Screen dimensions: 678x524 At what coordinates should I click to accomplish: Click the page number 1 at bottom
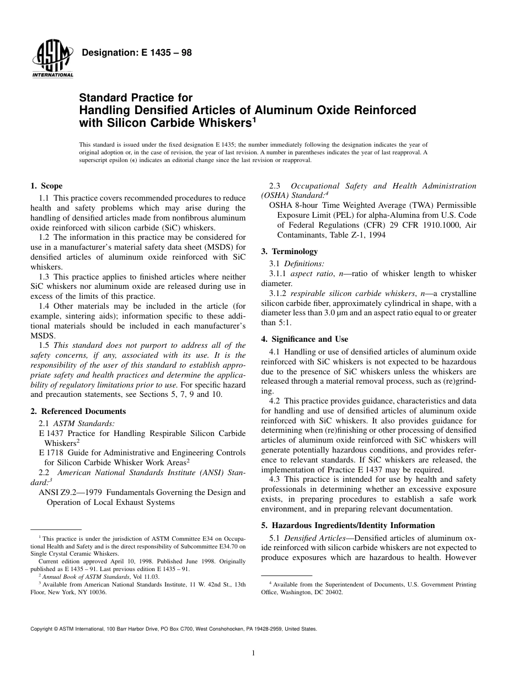click(253, 653)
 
